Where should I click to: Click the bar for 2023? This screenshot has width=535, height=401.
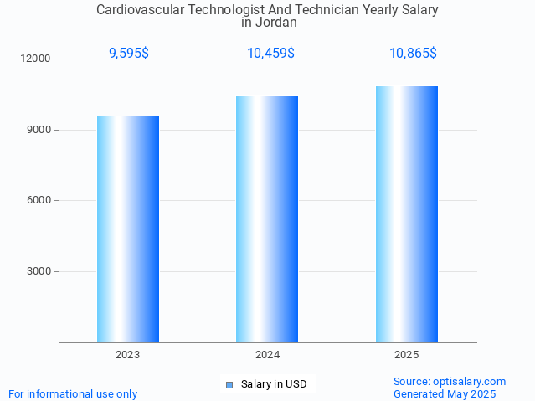[x=128, y=229]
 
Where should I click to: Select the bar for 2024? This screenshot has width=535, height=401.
[x=267, y=219]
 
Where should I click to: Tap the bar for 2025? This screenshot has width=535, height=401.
[x=407, y=214]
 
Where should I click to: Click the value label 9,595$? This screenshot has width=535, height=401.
[x=129, y=53]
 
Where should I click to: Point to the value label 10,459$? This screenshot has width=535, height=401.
[x=270, y=53]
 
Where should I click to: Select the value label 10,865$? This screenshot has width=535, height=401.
[x=413, y=53]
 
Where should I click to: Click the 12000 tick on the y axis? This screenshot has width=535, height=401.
[x=37, y=59]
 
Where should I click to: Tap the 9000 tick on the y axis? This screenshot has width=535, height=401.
[x=39, y=130]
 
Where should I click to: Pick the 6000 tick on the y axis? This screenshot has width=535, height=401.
[x=39, y=200]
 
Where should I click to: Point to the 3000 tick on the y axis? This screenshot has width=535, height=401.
[x=39, y=271]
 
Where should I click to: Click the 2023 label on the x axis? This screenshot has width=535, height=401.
[x=128, y=355]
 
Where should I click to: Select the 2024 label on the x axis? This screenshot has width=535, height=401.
[x=267, y=355]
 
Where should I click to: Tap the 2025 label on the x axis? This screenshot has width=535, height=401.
[x=407, y=355]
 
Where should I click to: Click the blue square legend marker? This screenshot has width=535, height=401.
[x=229, y=385]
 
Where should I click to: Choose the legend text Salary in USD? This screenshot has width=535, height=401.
[x=274, y=384]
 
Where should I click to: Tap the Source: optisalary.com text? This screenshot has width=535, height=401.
[x=450, y=381]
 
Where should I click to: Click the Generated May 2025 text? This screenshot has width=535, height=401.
[x=445, y=393]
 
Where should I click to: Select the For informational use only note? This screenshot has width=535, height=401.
[x=73, y=393]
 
